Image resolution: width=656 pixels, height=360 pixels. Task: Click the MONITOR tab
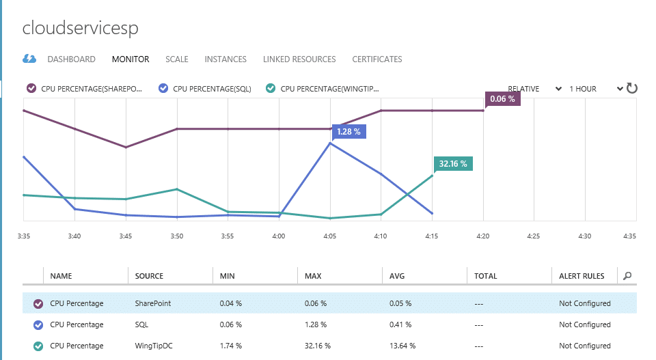(x=131, y=59)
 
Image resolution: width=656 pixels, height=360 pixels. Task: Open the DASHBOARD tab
(x=72, y=59)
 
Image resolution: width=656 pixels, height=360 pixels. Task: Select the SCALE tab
(x=177, y=59)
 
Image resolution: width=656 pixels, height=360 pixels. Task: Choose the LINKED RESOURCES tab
(x=299, y=59)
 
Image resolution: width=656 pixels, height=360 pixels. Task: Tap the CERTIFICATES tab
(x=377, y=59)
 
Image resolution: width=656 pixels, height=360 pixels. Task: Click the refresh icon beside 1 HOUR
(x=631, y=88)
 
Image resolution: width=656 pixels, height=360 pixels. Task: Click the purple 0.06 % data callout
(x=502, y=99)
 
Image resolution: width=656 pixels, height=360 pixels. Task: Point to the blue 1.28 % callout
(x=349, y=132)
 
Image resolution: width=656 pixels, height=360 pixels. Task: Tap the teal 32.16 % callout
(x=453, y=164)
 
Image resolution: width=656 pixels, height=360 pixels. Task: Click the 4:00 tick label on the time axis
(x=279, y=236)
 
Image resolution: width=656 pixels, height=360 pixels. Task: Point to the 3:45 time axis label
(x=126, y=236)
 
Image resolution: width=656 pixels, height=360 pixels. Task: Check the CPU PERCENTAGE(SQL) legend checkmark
(x=163, y=88)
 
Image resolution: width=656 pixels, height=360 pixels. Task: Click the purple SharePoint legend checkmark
(x=31, y=88)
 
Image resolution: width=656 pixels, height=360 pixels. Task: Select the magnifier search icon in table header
(x=627, y=276)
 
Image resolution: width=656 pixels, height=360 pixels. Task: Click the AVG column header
(x=397, y=276)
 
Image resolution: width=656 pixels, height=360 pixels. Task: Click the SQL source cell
(x=141, y=324)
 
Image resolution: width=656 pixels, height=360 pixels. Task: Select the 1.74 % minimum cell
(x=230, y=346)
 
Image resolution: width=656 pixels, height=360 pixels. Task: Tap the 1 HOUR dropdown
(x=596, y=89)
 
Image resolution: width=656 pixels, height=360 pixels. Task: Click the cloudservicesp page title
(x=81, y=29)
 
